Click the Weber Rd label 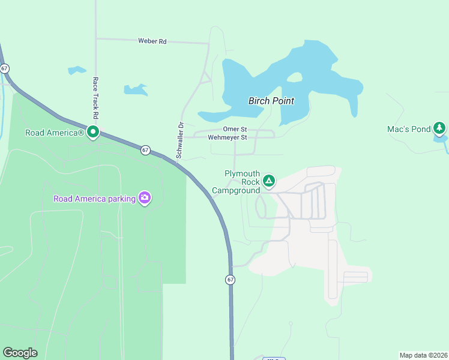point(152,41)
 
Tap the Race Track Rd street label point(95,97)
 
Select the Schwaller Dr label point(179,140)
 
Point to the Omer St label point(235,129)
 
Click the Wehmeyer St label point(228,137)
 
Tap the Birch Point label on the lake point(271,101)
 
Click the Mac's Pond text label point(409,129)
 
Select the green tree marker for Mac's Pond point(440,128)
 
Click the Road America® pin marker point(93,131)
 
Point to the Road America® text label point(54,133)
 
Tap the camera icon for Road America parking point(144,197)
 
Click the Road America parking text point(94,199)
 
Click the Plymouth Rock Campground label point(242,181)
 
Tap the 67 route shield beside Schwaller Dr point(145,150)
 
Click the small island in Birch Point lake point(294,77)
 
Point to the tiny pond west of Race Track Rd point(77,70)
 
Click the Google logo point(20,353)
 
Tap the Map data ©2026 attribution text point(423,355)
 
